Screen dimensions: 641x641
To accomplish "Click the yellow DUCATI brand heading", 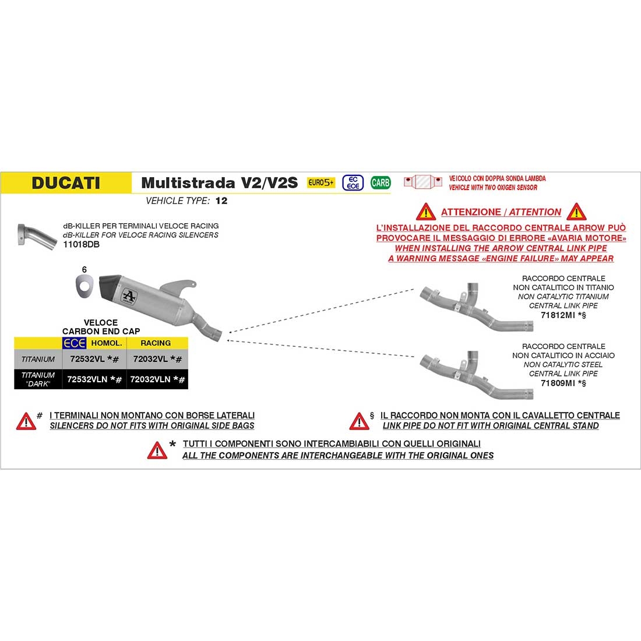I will (66, 182).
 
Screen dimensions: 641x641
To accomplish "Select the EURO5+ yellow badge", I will (321, 182).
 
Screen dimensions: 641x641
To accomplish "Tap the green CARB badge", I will (381, 182).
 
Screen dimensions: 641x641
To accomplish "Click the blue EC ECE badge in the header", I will (353, 182).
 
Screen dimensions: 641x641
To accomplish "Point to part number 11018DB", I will (81, 245).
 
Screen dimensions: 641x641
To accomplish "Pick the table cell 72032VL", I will (154, 360).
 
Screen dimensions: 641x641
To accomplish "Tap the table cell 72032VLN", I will (154, 379).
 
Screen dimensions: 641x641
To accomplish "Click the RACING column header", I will (156, 343).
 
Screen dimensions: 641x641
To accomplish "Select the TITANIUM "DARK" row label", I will (38, 379).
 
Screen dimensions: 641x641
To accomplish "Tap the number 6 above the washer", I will (84, 270).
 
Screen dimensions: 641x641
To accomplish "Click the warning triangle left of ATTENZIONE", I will (427, 212).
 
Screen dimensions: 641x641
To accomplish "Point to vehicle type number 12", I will (221, 201).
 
